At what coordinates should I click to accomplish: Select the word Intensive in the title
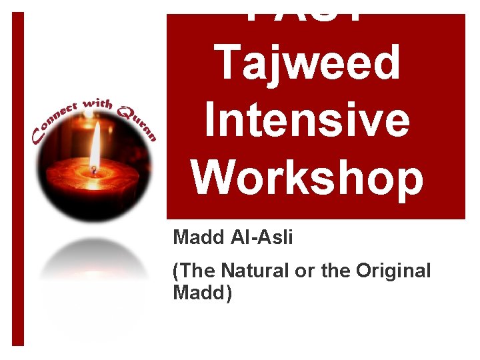tap(307, 121)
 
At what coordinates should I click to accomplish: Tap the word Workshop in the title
tap(307, 177)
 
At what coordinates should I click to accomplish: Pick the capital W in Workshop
tap(213, 177)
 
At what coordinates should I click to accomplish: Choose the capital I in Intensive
tap(211, 121)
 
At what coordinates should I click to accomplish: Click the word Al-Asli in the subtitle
tap(259, 238)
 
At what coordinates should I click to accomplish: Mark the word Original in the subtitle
tap(393, 271)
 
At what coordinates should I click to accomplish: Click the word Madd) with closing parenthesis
tap(203, 293)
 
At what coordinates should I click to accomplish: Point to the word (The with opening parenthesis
tap(193, 271)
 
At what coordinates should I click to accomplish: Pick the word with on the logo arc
tap(99, 105)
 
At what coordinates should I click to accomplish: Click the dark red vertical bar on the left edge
tap(18, 180)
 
